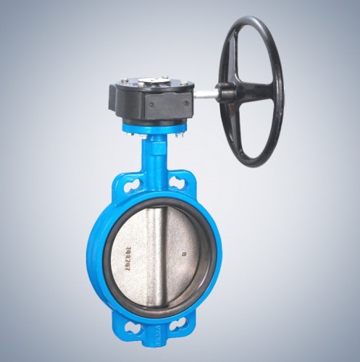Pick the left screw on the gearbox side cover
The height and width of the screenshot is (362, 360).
[151, 109]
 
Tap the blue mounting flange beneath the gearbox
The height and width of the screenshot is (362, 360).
[155, 130]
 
